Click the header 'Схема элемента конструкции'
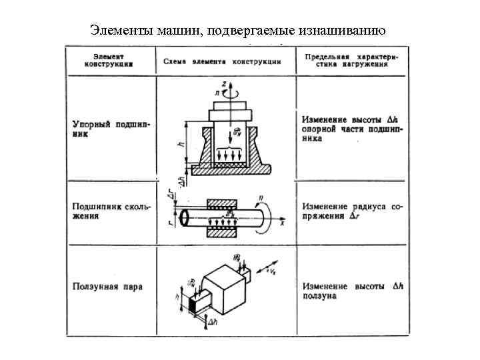pyautogui.click(x=222, y=61)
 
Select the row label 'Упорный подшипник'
pyautogui.click(x=109, y=129)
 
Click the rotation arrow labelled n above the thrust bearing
pyautogui.click(x=229, y=94)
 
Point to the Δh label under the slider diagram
pyautogui.click(x=213, y=321)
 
